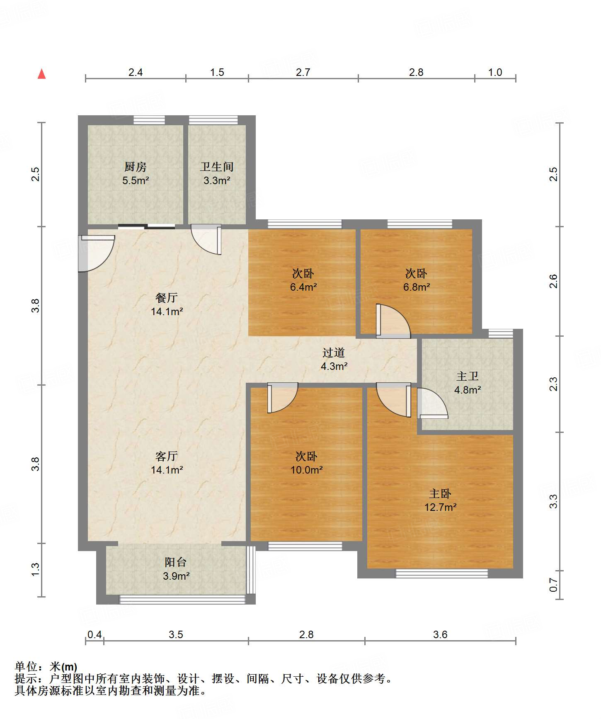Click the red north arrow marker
click(41, 74)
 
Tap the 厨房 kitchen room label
click(136, 167)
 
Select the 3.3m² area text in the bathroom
click(217, 180)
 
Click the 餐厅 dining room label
click(167, 297)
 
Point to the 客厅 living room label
click(167, 456)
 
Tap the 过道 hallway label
click(334, 352)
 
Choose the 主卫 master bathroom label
click(468, 376)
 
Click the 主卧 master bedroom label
click(440, 493)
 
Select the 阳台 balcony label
click(176, 562)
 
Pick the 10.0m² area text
click(307, 470)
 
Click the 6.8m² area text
click(417, 287)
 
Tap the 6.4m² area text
click(303, 287)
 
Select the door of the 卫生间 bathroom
click(206, 240)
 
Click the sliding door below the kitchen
click(146, 226)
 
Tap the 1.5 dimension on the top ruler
click(217, 73)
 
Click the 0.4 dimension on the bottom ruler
click(95, 635)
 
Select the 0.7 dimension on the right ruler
click(553, 585)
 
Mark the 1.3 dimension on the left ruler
click(35, 569)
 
